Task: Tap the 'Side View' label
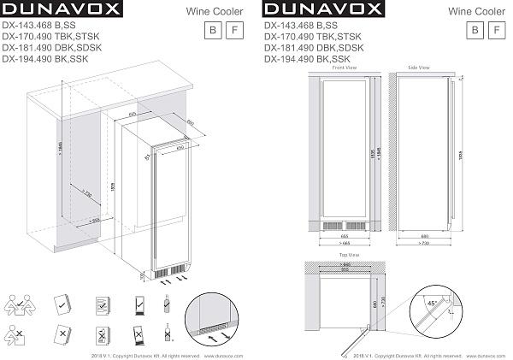pyautogui.click(x=419, y=67)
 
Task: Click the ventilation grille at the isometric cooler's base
pyautogui.click(x=169, y=270)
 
